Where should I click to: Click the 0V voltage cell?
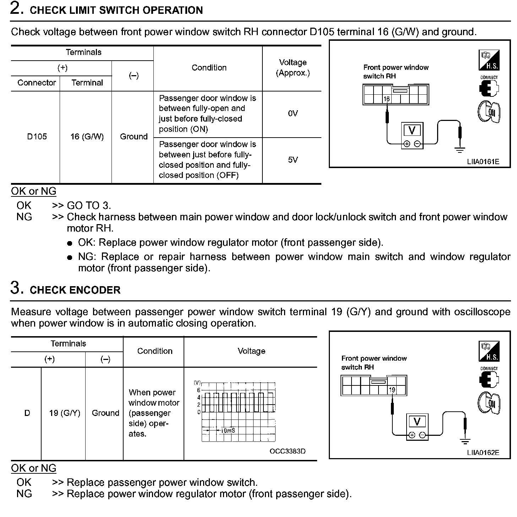tap(293, 113)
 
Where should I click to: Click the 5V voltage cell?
tap(293, 160)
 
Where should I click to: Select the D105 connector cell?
tap(37, 137)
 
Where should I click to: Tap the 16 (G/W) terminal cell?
tap(87, 137)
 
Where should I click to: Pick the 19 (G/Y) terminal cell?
tap(65, 413)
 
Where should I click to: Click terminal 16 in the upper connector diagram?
tap(386, 99)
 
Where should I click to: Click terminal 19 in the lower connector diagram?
tap(392, 390)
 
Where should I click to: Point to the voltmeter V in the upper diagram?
tap(412, 130)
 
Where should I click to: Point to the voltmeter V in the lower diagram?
tap(417, 422)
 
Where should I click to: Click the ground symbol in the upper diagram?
tap(460, 150)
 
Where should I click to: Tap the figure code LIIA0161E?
tap(483, 162)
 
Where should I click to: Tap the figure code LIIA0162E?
tap(483, 453)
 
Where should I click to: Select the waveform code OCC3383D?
tap(287, 451)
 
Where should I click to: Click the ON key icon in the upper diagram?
tap(489, 112)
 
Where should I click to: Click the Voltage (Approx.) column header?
tap(293, 68)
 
